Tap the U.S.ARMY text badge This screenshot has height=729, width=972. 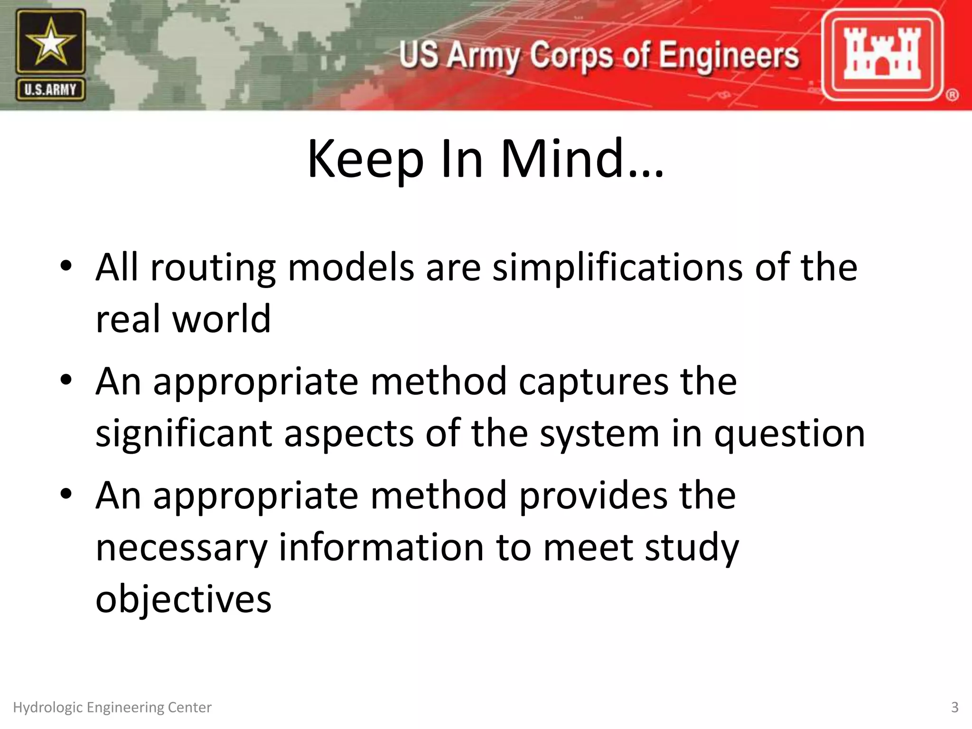(51, 90)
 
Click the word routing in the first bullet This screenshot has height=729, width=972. (213, 269)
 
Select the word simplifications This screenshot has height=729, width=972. (617, 268)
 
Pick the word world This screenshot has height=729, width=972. (221, 319)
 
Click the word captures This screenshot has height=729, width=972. (593, 383)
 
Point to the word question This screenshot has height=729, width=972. (790, 435)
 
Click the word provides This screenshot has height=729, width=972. (593, 496)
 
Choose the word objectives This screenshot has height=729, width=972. (183, 599)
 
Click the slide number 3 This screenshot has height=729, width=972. (954, 708)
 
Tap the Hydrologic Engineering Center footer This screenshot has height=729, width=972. (112, 708)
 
